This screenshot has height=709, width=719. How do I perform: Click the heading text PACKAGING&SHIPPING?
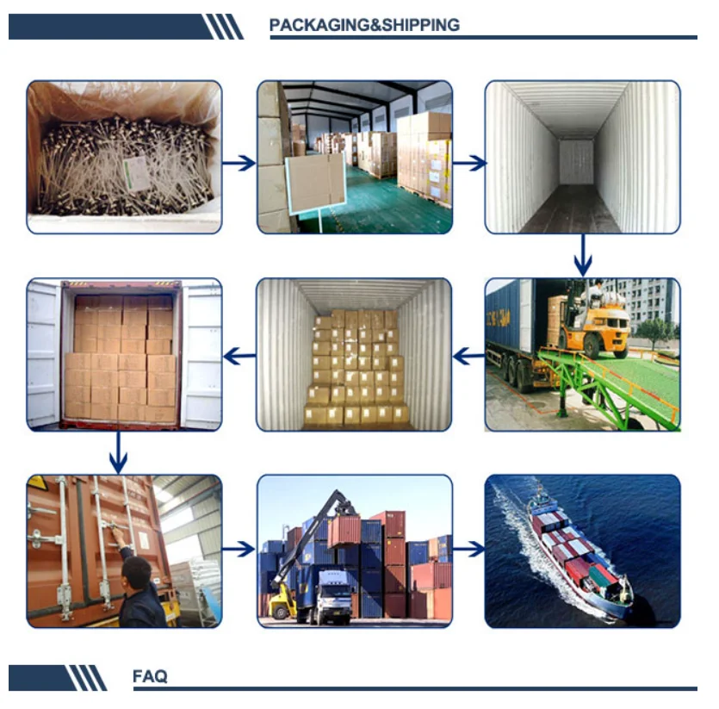(x=364, y=25)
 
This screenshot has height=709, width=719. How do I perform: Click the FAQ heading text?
(x=151, y=677)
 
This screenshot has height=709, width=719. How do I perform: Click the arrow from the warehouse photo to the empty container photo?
(x=469, y=162)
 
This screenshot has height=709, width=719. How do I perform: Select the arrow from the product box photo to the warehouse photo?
(x=239, y=162)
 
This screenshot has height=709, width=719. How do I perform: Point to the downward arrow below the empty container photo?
(x=583, y=255)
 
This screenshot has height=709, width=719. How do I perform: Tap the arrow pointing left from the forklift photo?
(x=468, y=354)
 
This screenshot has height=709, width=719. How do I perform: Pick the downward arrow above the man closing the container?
(x=119, y=451)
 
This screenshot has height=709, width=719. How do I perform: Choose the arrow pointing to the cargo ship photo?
(x=468, y=549)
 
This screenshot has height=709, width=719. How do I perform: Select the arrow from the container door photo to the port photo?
(x=239, y=549)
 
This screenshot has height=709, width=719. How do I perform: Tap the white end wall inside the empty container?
(x=576, y=161)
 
